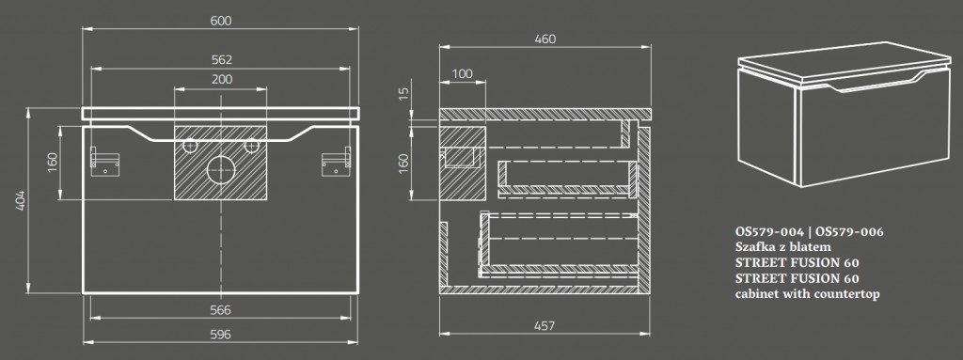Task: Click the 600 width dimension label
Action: click(220, 21)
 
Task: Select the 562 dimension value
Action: click(221, 59)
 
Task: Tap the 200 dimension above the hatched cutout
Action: click(222, 79)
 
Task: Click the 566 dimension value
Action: click(220, 310)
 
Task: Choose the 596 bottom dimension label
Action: click(220, 335)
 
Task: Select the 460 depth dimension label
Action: click(545, 39)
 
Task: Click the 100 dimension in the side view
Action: click(462, 73)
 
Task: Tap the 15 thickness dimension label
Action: click(403, 93)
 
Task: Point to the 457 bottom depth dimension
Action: click(545, 325)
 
